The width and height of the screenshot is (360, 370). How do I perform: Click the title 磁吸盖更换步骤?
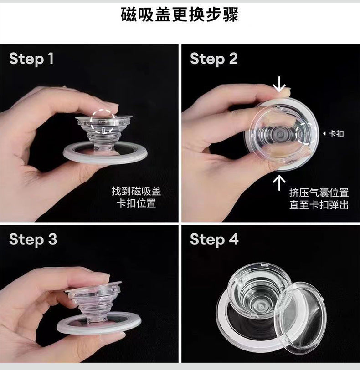pyautogui.click(x=180, y=15)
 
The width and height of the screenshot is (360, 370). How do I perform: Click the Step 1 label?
pyautogui.click(x=31, y=59)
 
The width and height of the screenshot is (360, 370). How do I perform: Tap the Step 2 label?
pyautogui.click(x=214, y=59)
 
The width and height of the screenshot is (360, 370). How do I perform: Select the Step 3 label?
pyautogui.click(x=33, y=240)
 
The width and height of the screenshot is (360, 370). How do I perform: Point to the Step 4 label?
pyautogui.click(x=214, y=240)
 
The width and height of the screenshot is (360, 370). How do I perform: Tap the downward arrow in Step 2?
pyautogui.click(x=279, y=84)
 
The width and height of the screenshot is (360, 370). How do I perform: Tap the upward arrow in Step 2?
pyautogui.click(x=279, y=182)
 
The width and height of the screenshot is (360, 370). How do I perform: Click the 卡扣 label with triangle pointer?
pyautogui.click(x=334, y=134)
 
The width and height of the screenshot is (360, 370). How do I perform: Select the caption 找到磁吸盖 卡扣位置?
pyautogui.click(x=136, y=197)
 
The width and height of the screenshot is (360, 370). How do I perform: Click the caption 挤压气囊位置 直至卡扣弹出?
pyautogui.click(x=319, y=199)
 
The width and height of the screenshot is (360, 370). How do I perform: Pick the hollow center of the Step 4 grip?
pyautogui.click(x=260, y=306)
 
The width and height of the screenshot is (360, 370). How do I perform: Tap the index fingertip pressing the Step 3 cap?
pyautogui.click(x=99, y=279)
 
